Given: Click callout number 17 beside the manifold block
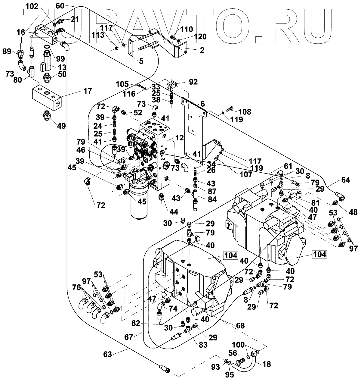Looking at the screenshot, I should tap(87, 91).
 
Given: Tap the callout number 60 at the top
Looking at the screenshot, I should tap(60, 5).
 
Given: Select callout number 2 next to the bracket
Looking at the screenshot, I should tap(202, 50).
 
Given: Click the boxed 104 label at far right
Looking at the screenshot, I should tap(319, 254).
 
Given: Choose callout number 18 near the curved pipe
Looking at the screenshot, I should tap(267, 364).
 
